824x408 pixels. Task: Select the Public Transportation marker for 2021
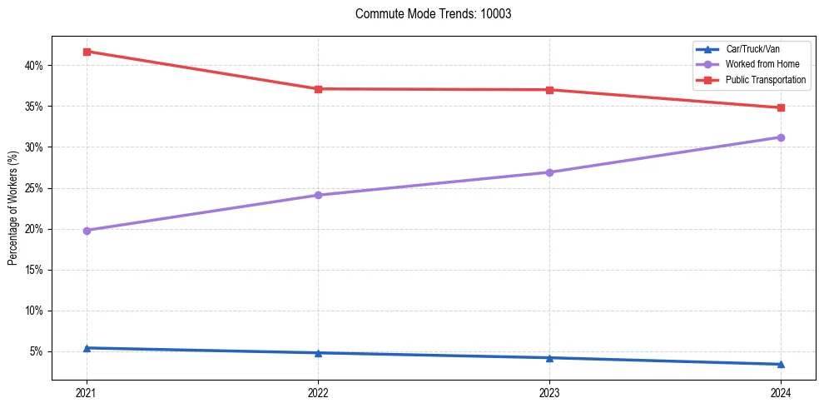87,52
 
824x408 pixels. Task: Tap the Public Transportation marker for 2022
318,89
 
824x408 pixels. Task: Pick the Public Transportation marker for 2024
781,107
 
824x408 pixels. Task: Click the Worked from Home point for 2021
87,231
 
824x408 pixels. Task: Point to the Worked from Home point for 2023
549,172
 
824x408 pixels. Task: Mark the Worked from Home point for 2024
781,137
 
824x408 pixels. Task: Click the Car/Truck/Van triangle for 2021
87,348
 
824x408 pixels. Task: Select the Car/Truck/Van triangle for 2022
318,353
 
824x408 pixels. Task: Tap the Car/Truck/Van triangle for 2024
781,364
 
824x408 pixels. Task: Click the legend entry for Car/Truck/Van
752,49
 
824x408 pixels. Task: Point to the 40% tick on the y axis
38,66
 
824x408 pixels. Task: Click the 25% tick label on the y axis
38,188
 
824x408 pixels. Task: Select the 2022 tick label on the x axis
318,392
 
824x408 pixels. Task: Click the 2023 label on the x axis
549,392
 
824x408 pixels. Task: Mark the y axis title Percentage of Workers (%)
13,208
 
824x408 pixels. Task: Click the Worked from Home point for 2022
318,196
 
